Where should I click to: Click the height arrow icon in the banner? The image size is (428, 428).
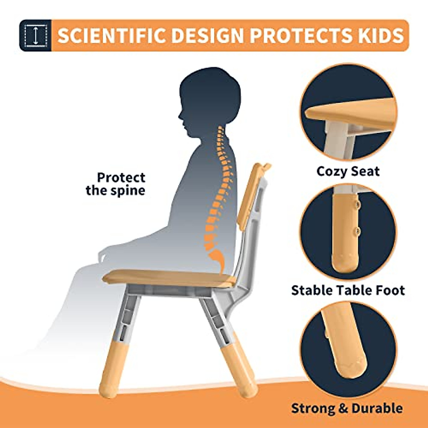pos(35,35)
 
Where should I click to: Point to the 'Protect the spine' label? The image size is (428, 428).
pos(116,184)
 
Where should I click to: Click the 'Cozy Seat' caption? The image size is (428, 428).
pos(348,171)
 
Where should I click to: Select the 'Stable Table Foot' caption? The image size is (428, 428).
pos(348,290)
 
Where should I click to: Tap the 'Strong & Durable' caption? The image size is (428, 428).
pos(347,408)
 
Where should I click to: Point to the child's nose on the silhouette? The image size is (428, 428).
pos(180,116)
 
